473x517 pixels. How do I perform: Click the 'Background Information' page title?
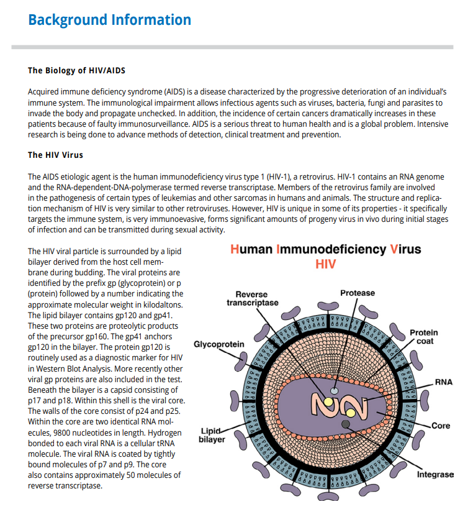(109, 20)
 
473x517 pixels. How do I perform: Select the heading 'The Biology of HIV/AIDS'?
(76, 70)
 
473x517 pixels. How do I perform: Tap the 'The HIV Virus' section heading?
(55, 155)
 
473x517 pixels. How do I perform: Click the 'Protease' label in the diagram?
(358, 293)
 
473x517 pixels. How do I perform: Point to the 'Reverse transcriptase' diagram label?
(252, 298)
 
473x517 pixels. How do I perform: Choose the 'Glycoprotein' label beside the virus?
(218, 344)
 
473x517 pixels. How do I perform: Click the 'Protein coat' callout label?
(425, 337)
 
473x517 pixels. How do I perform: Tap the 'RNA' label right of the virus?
(443, 382)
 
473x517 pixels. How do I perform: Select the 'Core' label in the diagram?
(441, 426)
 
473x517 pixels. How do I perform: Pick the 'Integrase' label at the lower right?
(435, 475)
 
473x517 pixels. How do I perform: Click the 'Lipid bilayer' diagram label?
(211, 435)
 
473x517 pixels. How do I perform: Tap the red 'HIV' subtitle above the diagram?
(325, 264)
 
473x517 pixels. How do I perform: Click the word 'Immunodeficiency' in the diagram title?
(331, 249)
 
